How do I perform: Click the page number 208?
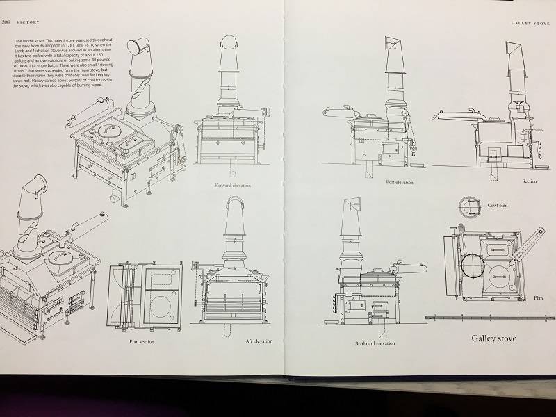[x=6, y=22]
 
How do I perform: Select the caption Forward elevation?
[x=233, y=186]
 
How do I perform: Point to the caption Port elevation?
[x=399, y=182]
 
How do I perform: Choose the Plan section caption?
[x=142, y=342]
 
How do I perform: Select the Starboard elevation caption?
[x=376, y=343]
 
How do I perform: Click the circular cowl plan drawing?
[x=471, y=206]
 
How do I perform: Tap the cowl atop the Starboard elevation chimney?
[x=350, y=206]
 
